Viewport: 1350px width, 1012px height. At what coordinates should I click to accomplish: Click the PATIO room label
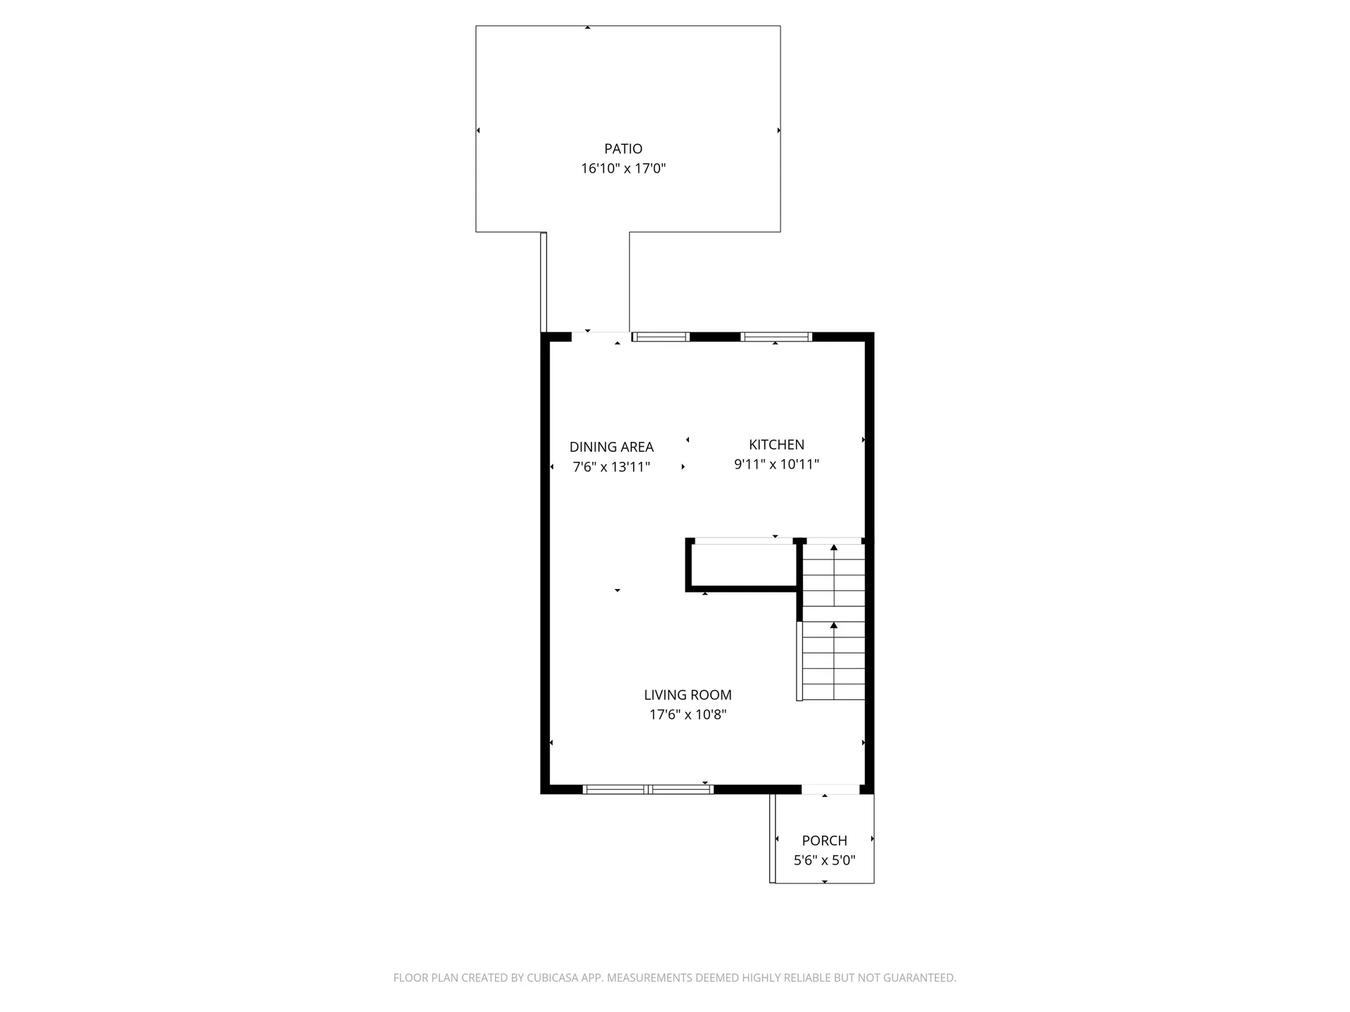pos(623,149)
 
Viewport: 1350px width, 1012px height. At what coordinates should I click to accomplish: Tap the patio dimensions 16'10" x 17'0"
pos(623,169)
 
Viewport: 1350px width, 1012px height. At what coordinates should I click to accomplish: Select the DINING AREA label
pos(611,447)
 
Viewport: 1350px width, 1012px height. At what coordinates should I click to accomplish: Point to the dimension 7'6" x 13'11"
pos(611,467)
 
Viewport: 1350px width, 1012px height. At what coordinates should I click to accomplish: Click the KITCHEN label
pos(776,445)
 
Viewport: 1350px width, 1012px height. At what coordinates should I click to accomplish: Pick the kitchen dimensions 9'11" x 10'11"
pos(776,465)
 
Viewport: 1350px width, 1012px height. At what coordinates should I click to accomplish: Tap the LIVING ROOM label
pos(688,695)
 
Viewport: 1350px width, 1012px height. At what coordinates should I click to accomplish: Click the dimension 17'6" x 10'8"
pos(688,715)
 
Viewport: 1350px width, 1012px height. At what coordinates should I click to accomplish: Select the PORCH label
pos(824,841)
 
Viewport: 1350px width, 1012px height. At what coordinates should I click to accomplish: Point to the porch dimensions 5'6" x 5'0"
pos(824,860)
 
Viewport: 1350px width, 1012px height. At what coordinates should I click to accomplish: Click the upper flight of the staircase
pos(834,576)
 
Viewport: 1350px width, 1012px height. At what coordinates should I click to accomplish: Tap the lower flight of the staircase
pos(834,661)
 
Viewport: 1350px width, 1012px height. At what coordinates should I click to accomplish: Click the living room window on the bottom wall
pos(648,790)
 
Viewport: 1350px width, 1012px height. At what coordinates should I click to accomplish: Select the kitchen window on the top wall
pos(776,337)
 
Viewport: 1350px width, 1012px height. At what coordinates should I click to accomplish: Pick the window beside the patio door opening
pos(660,337)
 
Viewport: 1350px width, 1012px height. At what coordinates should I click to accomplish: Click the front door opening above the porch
pos(830,790)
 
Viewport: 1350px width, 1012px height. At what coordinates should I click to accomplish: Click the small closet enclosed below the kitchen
pos(743,566)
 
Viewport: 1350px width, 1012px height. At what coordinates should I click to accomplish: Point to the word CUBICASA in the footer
pos(551,978)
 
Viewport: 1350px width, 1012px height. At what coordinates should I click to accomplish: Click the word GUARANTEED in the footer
pos(920,978)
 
